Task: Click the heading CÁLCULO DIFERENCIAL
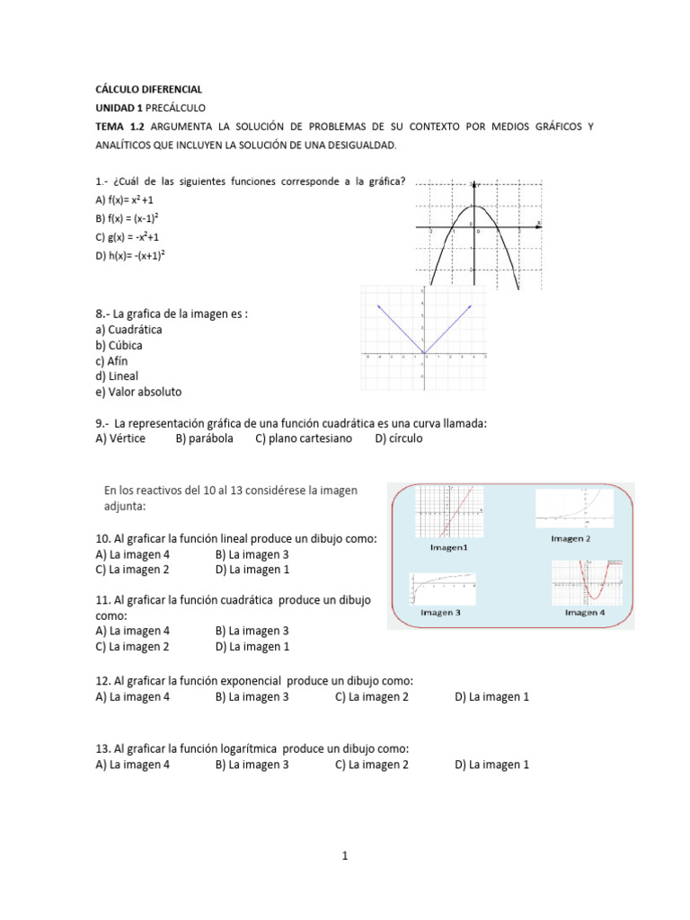pos(148,90)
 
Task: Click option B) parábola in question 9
pos(204,438)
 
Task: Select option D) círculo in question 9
pos(398,438)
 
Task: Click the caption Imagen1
pos(448,547)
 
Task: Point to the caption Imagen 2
pos(571,539)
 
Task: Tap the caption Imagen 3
pos(440,613)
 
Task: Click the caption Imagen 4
pos(584,613)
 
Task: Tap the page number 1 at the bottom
pos(344,856)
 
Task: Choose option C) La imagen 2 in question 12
pos(371,697)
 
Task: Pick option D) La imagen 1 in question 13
pos(491,765)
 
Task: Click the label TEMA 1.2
pos(119,127)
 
